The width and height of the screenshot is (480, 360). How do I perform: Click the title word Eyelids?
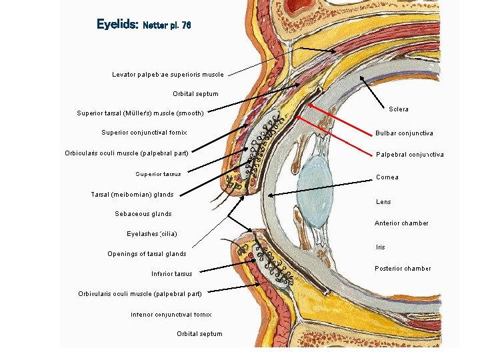[117, 25]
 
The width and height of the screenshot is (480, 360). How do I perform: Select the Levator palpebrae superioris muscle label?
[168, 74]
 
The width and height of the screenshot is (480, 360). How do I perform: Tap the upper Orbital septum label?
[195, 94]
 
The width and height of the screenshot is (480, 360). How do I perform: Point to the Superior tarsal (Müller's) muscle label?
[140, 113]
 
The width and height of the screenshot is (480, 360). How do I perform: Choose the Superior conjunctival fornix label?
[144, 133]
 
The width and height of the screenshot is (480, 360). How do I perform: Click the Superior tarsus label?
[158, 174]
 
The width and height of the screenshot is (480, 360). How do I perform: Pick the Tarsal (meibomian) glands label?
[132, 195]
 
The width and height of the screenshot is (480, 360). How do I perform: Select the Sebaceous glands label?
[143, 214]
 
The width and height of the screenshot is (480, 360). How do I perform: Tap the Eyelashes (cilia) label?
[152, 234]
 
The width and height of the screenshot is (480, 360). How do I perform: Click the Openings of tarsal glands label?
[147, 254]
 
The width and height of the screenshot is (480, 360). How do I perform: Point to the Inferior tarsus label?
[171, 274]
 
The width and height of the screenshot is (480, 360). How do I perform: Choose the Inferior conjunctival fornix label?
[171, 314]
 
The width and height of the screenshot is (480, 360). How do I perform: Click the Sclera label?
[399, 109]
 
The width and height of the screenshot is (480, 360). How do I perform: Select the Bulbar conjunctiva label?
[404, 133]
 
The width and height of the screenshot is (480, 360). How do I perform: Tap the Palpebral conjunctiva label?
[409, 155]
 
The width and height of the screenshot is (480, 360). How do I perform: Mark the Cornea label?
[387, 177]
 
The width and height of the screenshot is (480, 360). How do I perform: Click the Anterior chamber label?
[401, 223]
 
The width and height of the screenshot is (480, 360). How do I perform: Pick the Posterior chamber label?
[403, 269]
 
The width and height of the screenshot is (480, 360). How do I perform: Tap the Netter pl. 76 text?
[167, 25]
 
